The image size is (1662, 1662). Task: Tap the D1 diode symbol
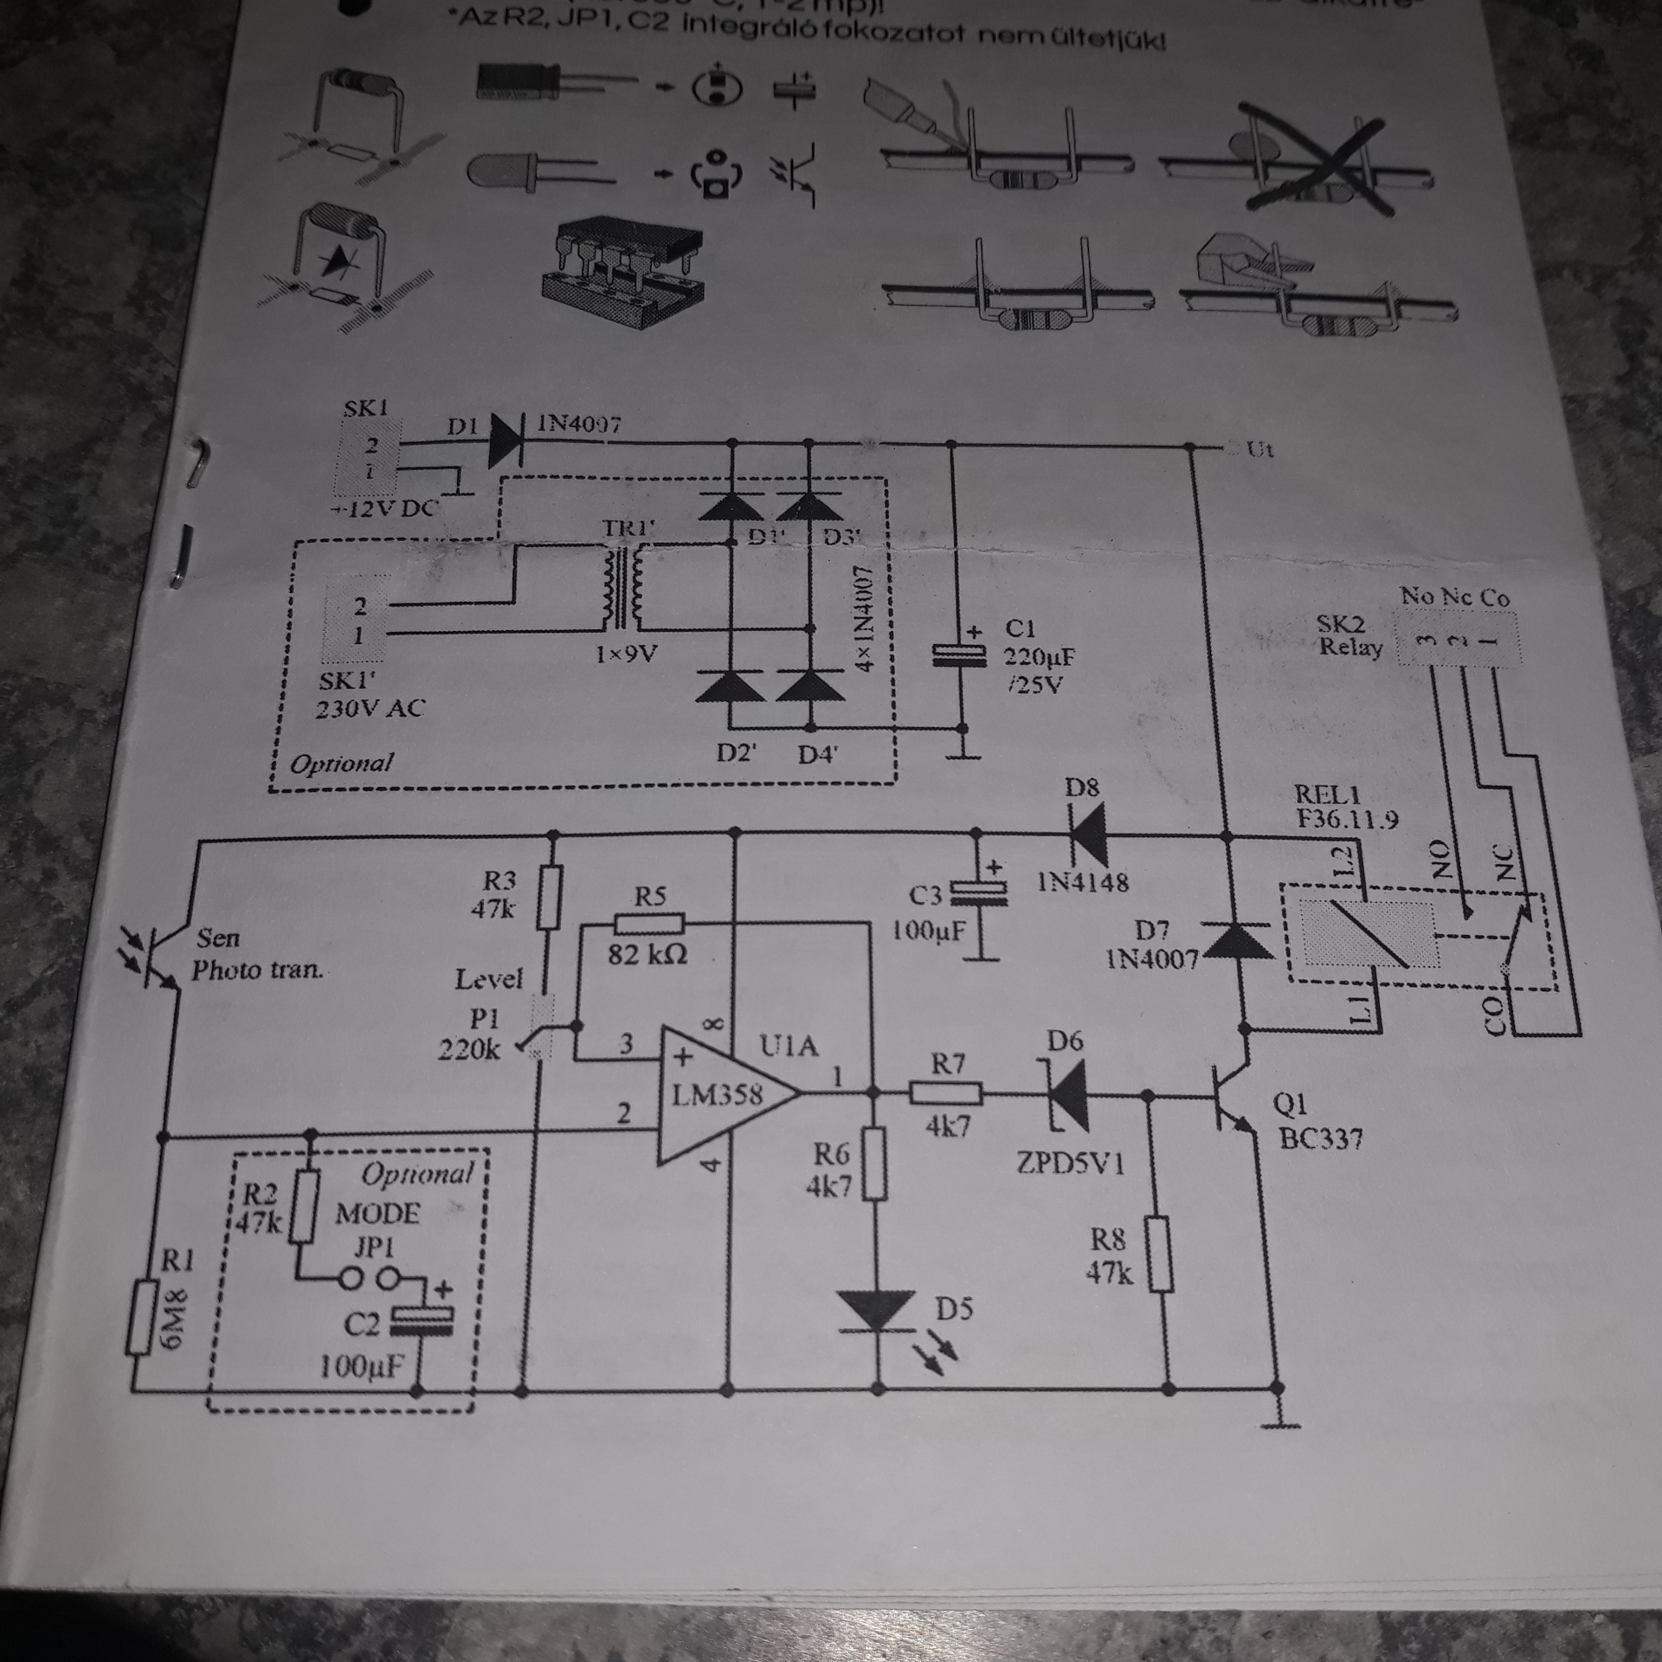[512, 441]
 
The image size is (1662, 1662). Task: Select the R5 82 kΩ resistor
[648, 924]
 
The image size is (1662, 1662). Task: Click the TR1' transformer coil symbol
[622, 592]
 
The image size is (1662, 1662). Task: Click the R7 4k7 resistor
[945, 1094]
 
